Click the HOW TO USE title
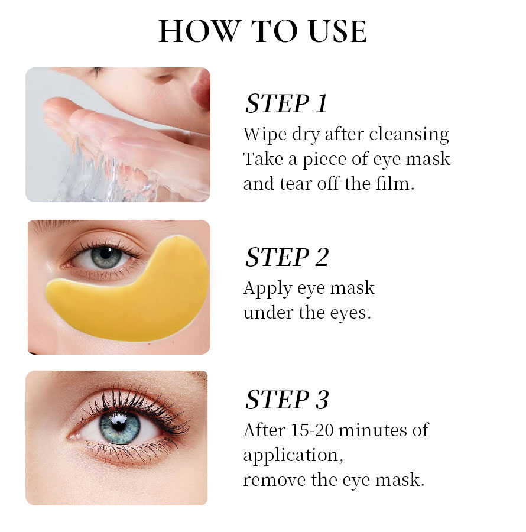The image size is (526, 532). (262, 32)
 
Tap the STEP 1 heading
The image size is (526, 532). (286, 103)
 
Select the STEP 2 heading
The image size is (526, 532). (287, 257)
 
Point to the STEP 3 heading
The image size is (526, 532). (287, 400)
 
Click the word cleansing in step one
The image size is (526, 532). (409, 135)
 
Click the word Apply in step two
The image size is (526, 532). (268, 288)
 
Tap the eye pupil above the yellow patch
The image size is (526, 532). (107, 255)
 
